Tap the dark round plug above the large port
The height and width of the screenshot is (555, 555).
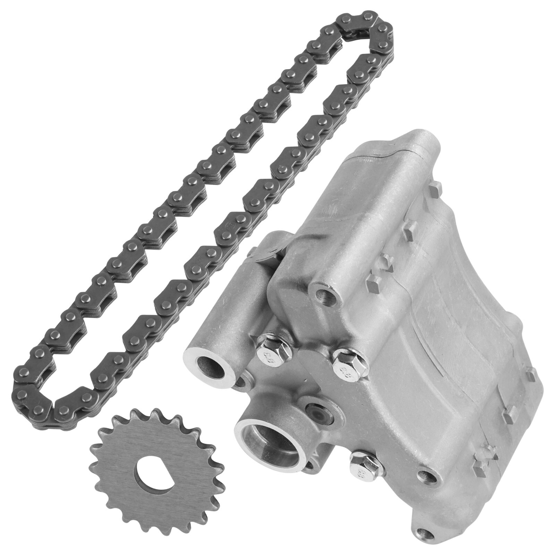coord(317,413)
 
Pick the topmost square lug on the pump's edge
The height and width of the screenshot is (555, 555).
coord(435,190)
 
